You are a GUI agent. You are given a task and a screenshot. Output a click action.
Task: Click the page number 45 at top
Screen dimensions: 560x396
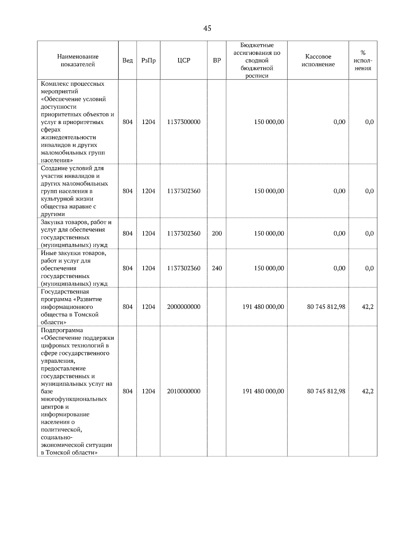coord(207,28)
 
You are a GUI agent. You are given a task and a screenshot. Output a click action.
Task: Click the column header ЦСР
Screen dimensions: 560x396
coord(183,60)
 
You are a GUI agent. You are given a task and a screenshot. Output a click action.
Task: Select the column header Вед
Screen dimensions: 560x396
coord(127,60)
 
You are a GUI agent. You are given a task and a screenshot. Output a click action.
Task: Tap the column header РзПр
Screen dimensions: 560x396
coord(148,60)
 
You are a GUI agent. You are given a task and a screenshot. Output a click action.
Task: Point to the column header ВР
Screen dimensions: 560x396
coord(216,60)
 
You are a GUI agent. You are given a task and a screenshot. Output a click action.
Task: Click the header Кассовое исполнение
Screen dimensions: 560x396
coord(318,60)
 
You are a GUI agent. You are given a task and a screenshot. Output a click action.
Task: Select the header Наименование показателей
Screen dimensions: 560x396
coord(78,60)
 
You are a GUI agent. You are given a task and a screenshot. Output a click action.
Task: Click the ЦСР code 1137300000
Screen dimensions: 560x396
coord(183,122)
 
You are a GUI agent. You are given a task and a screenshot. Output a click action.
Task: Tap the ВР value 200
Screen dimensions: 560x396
coord(216,233)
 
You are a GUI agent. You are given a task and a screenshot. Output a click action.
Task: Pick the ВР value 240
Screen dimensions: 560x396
coord(216,268)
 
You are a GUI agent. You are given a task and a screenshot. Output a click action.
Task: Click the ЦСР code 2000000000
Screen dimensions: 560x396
coord(183,307)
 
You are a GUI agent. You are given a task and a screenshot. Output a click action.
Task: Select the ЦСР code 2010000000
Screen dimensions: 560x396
coord(183,391)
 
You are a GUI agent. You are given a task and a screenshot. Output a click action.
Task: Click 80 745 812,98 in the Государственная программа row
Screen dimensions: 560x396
coord(326,307)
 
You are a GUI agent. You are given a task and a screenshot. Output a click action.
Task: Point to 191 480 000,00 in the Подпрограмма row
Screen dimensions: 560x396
coord(263,391)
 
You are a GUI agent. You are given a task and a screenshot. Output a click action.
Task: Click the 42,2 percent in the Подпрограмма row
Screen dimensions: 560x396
coord(368,391)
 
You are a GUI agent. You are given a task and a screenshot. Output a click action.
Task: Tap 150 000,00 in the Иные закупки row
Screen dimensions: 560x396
coord(269,268)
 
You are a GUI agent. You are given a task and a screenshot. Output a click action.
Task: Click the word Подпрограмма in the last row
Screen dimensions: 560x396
coord(62,330)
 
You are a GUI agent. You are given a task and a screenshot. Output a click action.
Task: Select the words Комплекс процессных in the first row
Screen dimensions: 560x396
coord(73,84)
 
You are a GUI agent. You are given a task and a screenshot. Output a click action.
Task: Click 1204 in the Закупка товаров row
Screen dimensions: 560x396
coord(148,233)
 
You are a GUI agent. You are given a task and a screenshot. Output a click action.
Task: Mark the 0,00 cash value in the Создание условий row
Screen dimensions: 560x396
coord(339,191)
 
